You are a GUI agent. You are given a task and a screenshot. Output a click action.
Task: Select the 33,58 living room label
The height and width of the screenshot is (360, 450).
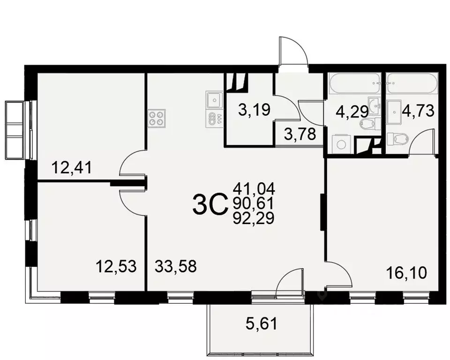point(175,267)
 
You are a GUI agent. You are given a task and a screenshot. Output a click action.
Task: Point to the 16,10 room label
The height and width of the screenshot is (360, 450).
point(407,272)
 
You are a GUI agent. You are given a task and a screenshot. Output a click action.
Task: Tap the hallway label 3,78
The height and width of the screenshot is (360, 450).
point(300,136)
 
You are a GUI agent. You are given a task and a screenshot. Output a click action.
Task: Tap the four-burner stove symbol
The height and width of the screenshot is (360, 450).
point(157,118)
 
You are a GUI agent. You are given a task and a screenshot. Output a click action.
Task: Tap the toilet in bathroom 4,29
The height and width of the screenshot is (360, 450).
point(369,124)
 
